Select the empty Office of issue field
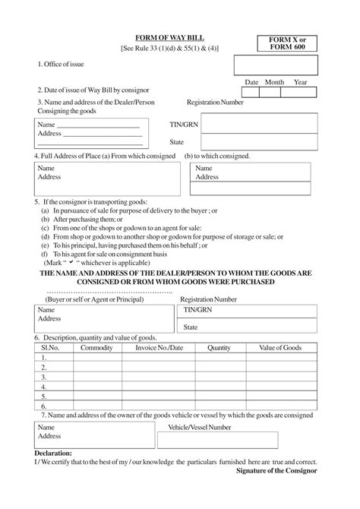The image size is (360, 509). click(274, 65)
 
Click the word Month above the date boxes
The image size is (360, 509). click(274, 82)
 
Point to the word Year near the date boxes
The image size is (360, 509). click(300, 82)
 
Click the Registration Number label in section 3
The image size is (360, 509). click(215, 101)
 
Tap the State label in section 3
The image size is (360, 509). click(177, 141)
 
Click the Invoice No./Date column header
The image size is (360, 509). click(159, 347)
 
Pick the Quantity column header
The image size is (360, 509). click(219, 347)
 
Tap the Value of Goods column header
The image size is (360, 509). click(279, 347)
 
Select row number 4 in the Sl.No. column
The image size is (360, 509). click(45, 386)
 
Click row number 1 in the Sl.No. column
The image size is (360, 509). click(45, 357)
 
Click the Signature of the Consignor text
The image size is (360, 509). click(277, 471)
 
